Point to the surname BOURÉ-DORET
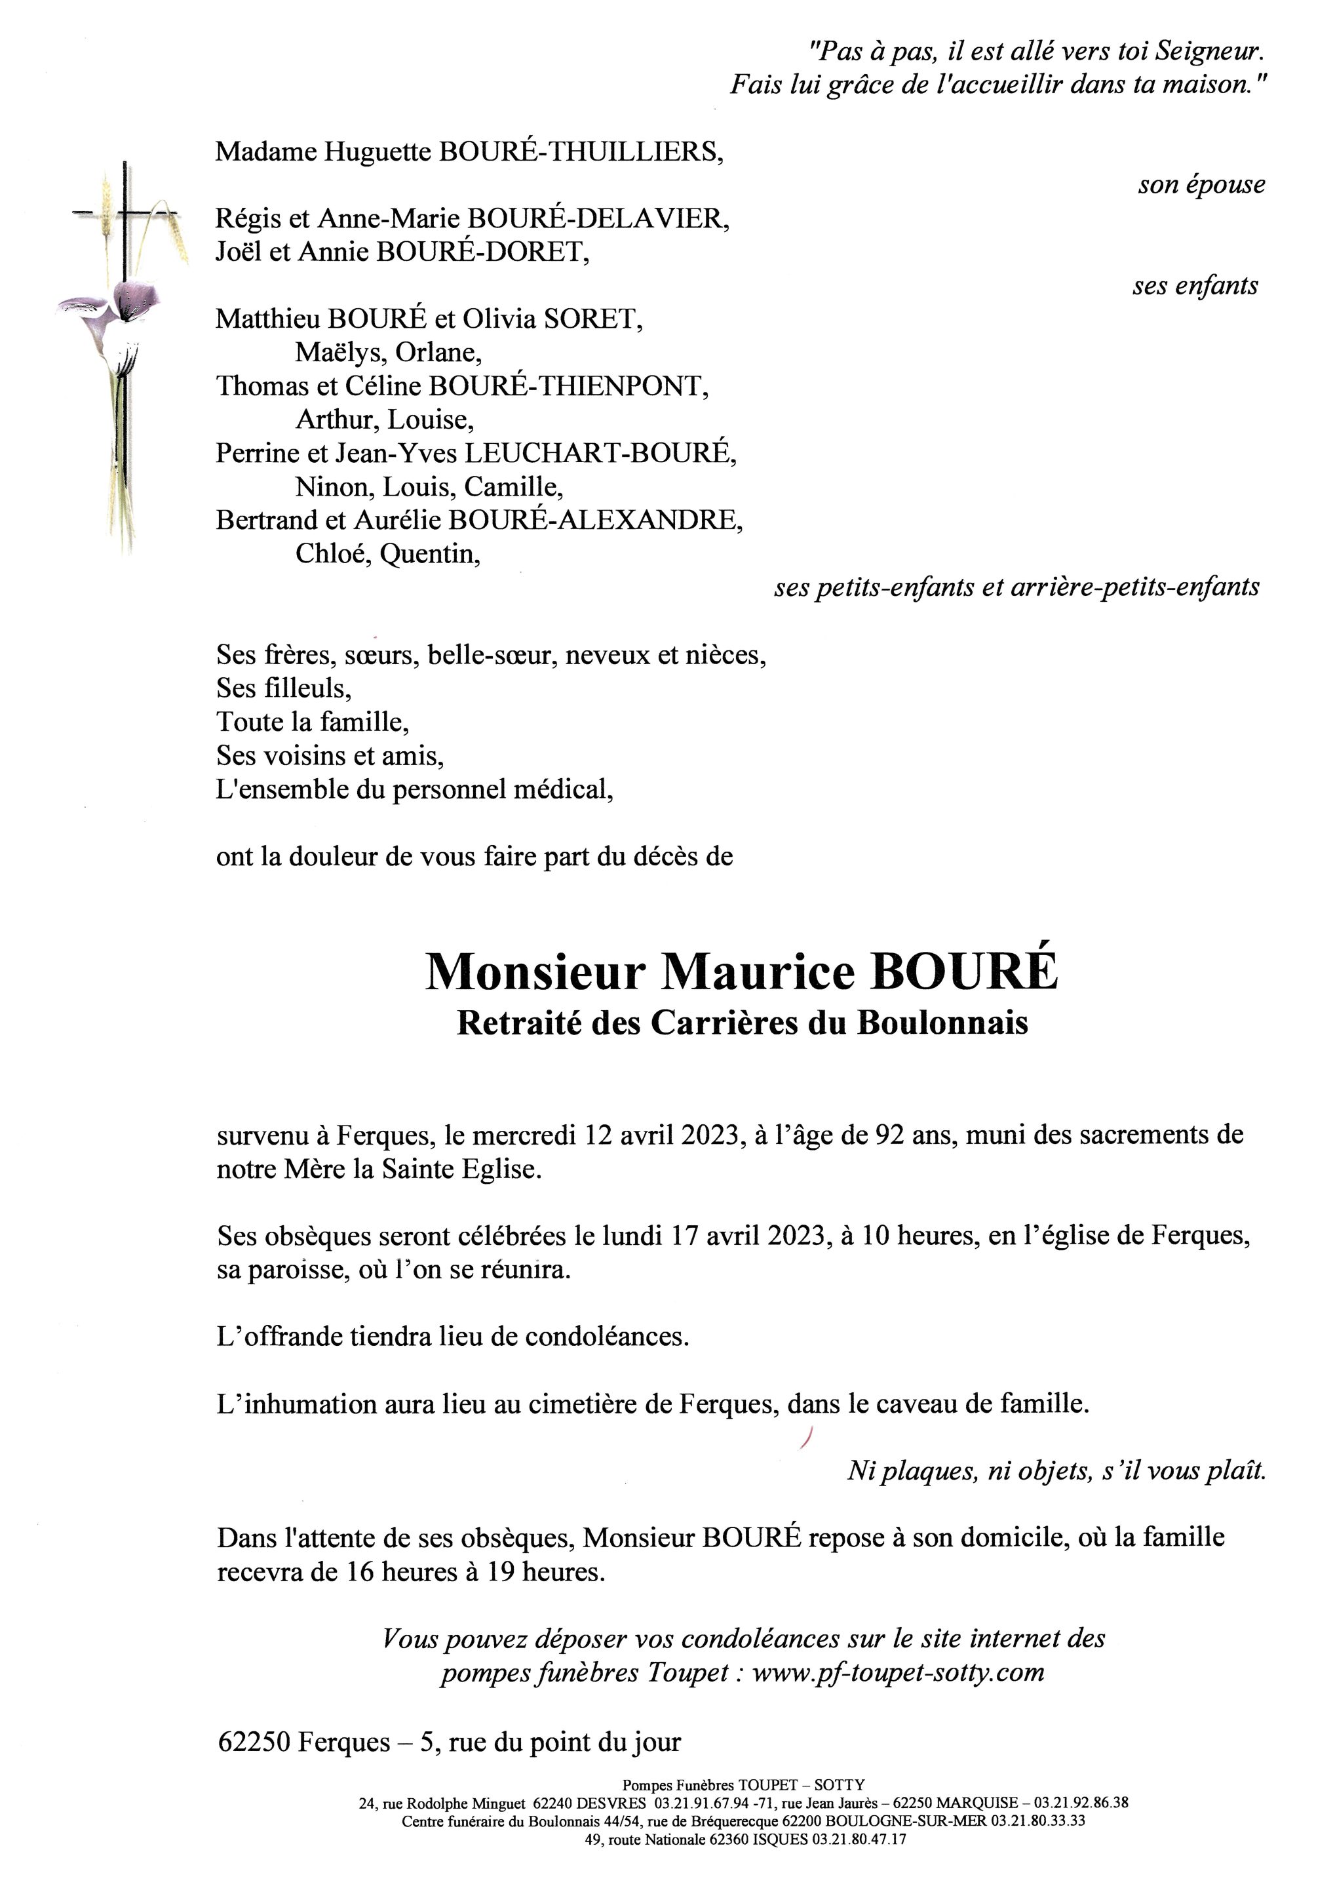(482, 252)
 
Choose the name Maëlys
(339, 353)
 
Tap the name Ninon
(334, 487)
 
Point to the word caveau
(914, 1404)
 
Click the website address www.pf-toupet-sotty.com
(898, 1672)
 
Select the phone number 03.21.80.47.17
(859, 1839)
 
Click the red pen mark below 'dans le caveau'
(805, 1436)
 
